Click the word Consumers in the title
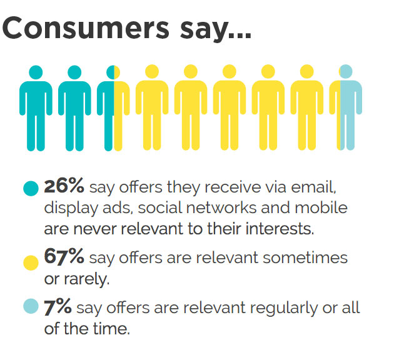point(86,28)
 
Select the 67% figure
point(64,256)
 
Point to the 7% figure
point(58,307)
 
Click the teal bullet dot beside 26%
point(31,188)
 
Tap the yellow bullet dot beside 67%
point(31,262)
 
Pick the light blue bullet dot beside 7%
point(31,306)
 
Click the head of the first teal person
point(36,72)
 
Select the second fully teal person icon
point(74,108)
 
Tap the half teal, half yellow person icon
point(113,108)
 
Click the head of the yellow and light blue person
point(346,71)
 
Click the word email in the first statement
point(313,187)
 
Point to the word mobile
point(321,207)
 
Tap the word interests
point(280,228)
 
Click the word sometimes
point(305,257)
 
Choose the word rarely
point(87,279)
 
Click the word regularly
point(284,308)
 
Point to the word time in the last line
point(111,329)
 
